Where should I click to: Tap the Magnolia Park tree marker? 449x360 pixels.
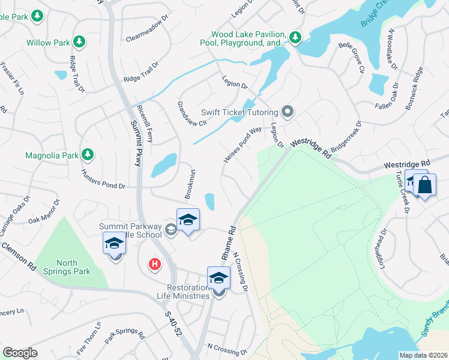tap(88, 155)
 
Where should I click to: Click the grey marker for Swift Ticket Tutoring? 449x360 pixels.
tap(288, 112)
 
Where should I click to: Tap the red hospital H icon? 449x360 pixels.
tap(155, 263)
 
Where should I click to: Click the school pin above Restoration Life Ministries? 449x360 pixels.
tap(218, 278)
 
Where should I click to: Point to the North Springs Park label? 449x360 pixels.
tap(73, 267)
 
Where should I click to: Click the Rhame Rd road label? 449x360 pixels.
tap(228, 242)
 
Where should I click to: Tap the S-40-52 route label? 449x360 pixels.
tap(172, 325)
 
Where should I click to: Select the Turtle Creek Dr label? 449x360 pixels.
tap(402, 192)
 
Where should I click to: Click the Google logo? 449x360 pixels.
tap(20, 353)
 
